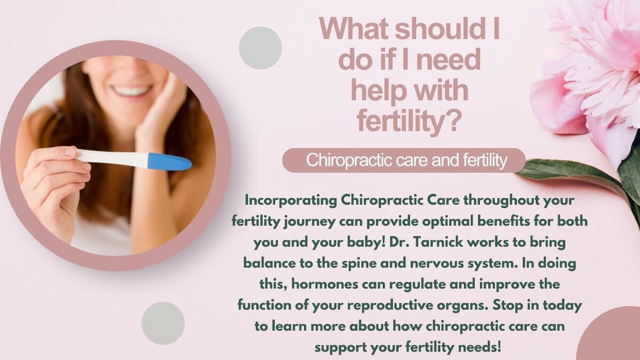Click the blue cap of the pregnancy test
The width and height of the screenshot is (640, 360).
tap(170, 162)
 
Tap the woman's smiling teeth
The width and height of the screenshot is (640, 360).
tap(131, 91)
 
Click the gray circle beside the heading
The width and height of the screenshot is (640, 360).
tap(260, 48)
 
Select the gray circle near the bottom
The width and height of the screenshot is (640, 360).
tap(163, 323)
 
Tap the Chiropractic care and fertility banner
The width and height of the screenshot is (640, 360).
tap(404, 161)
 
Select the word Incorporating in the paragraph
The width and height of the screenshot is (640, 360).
tap(291, 201)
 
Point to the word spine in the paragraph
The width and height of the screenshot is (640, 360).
tap(358, 263)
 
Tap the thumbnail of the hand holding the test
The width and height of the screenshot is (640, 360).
tap(70, 151)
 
